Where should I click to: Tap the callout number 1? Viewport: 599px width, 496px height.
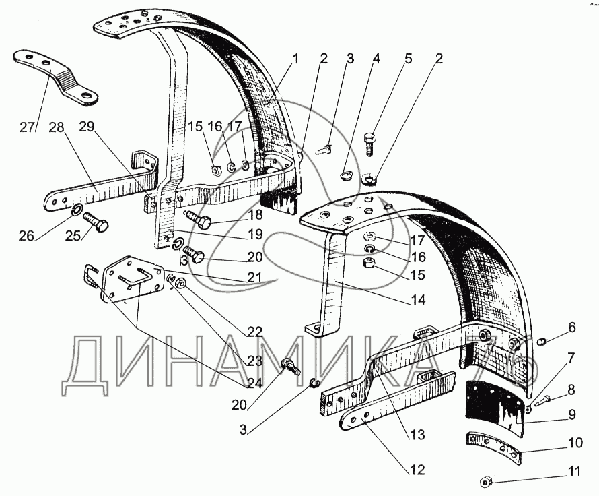click(x=295, y=59)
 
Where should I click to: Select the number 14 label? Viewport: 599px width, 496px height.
click(x=419, y=301)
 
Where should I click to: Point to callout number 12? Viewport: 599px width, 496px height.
click(x=418, y=470)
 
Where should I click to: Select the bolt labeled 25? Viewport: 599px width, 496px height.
click(x=97, y=226)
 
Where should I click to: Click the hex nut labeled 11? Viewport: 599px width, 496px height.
click(x=485, y=481)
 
